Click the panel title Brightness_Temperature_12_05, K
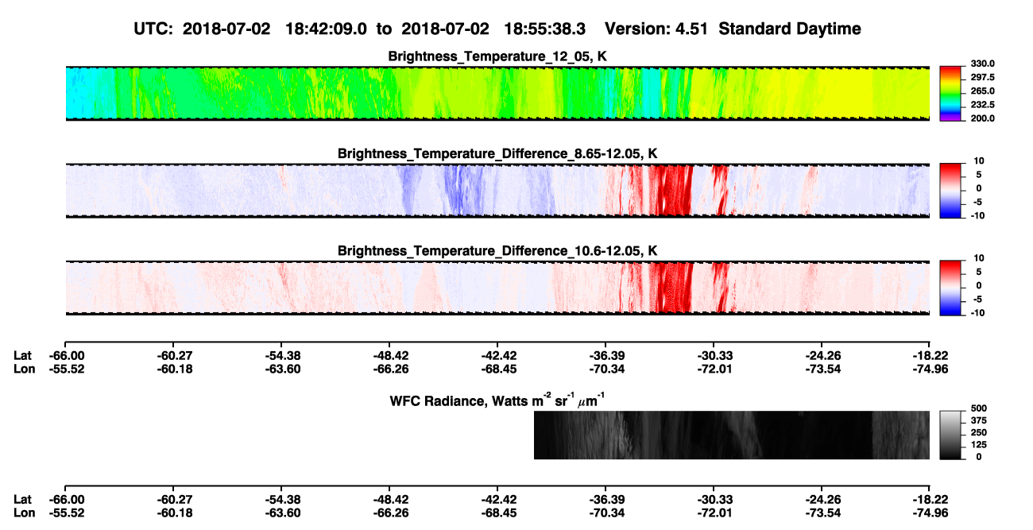click(x=497, y=56)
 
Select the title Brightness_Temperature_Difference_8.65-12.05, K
click(x=497, y=153)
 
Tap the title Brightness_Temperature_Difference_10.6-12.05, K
click(x=497, y=251)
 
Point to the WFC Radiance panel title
click(x=497, y=400)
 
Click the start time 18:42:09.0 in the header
click(x=326, y=29)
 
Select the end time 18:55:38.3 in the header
click(x=544, y=29)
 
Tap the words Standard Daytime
click(x=790, y=29)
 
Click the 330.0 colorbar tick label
click(x=982, y=64)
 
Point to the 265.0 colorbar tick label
click(x=982, y=91)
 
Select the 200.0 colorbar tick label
click(x=982, y=118)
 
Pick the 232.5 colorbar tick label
click(x=982, y=105)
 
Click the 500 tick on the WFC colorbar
click(x=979, y=408)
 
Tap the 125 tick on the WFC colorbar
click(x=979, y=445)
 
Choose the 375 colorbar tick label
click(x=979, y=420)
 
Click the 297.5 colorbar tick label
click(x=982, y=77)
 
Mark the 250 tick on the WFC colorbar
click(x=979, y=433)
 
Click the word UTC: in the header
click(x=153, y=29)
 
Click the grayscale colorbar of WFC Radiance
click(x=950, y=435)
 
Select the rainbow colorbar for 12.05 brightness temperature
click(x=950, y=94)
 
